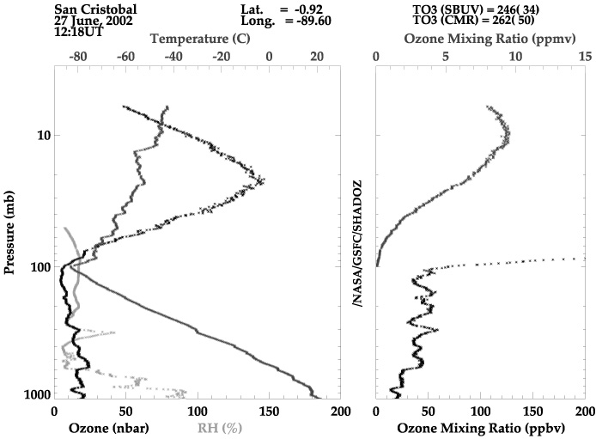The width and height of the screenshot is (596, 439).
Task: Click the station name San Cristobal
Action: (x=95, y=9)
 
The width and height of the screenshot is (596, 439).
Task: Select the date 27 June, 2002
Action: (x=94, y=21)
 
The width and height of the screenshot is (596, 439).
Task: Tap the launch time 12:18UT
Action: (x=79, y=32)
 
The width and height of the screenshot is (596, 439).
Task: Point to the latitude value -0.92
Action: (x=308, y=9)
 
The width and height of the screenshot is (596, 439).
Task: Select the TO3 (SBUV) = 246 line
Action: (x=476, y=9)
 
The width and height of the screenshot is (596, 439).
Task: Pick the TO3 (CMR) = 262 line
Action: (x=473, y=20)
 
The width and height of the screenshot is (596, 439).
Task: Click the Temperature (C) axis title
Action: (x=200, y=39)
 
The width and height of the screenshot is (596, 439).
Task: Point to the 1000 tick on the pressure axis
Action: (x=37, y=394)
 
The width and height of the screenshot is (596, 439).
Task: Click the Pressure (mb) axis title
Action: (x=9, y=233)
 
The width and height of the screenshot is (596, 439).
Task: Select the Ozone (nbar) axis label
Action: (x=109, y=429)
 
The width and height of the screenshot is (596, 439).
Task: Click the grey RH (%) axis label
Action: (x=220, y=429)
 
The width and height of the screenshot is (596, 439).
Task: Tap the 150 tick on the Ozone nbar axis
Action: (x=269, y=412)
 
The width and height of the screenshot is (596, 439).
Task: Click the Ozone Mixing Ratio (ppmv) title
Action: (x=490, y=39)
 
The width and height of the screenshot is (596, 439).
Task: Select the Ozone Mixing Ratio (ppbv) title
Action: (x=481, y=429)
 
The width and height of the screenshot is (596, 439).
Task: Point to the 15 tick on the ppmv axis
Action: (x=586, y=57)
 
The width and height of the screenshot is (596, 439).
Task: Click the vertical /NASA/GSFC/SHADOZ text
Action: (x=357, y=244)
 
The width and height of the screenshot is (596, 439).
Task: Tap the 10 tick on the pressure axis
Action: (x=44, y=136)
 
